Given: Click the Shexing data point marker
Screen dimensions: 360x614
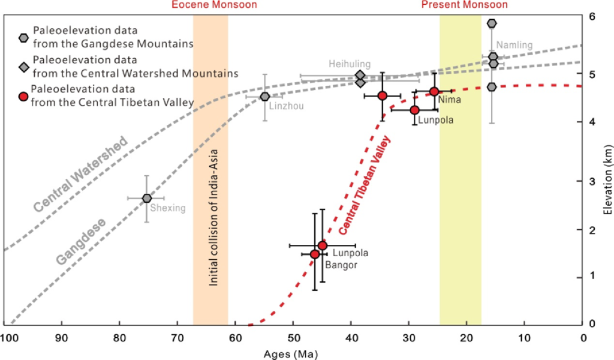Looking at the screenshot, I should pyautogui.click(x=147, y=198).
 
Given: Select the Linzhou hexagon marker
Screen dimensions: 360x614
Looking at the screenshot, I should pyautogui.click(x=265, y=97).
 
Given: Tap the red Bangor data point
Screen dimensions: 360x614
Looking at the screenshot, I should pyautogui.click(x=315, y=254).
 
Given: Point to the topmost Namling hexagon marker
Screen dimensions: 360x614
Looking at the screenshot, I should pyautogui.click(x=492, y=23).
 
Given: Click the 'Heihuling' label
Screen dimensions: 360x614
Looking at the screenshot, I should pyautogui.click(x=350, y=64).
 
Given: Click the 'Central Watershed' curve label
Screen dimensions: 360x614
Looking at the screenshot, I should pyautogui.click(x=81, y=175).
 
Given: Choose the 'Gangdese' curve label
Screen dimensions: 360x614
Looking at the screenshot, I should pyautogui.click(x=82, y=242).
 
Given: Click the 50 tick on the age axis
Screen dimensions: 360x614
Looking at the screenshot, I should pyautogui.click(x=293, y=338).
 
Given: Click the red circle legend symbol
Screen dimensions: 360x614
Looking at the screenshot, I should pyautogui.click(x=23, y=98).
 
